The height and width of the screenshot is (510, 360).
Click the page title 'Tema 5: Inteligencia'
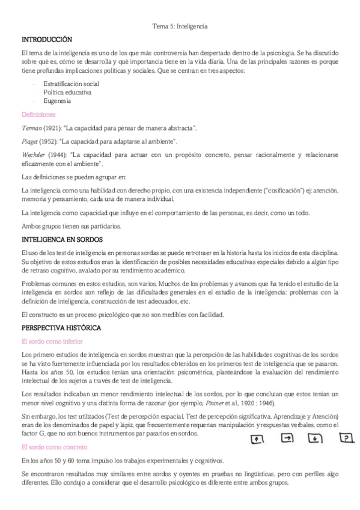tap(180, 26)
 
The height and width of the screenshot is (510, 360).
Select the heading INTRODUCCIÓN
tap(42, 39)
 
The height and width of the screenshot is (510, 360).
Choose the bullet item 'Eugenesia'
tap(57, 101)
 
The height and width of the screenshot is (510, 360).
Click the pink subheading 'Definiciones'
tap(38, 114)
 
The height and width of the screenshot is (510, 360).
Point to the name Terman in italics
tap(32, 128)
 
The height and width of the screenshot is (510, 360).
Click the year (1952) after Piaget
tap(49, 141)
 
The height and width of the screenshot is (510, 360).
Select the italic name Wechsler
tap(34, 154)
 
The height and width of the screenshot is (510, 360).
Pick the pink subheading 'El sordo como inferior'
tap(52, 341)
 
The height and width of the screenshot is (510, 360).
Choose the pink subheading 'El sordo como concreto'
tap(53, 447)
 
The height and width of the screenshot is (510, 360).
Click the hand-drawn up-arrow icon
tap(257, 440)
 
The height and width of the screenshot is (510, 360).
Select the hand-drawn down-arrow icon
tap(317, 438)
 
